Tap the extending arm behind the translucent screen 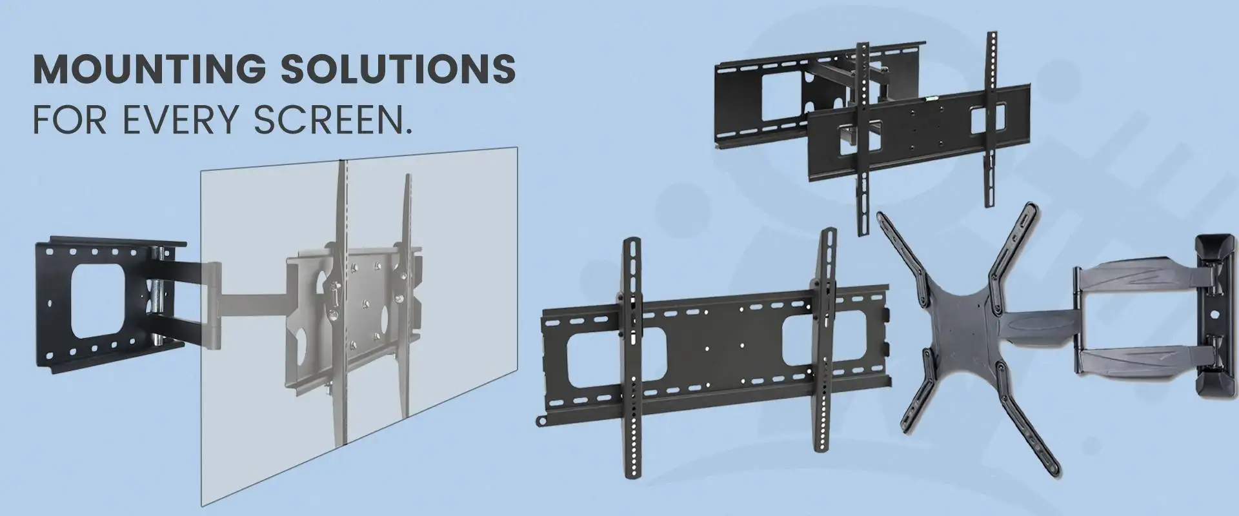coord(245,293)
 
